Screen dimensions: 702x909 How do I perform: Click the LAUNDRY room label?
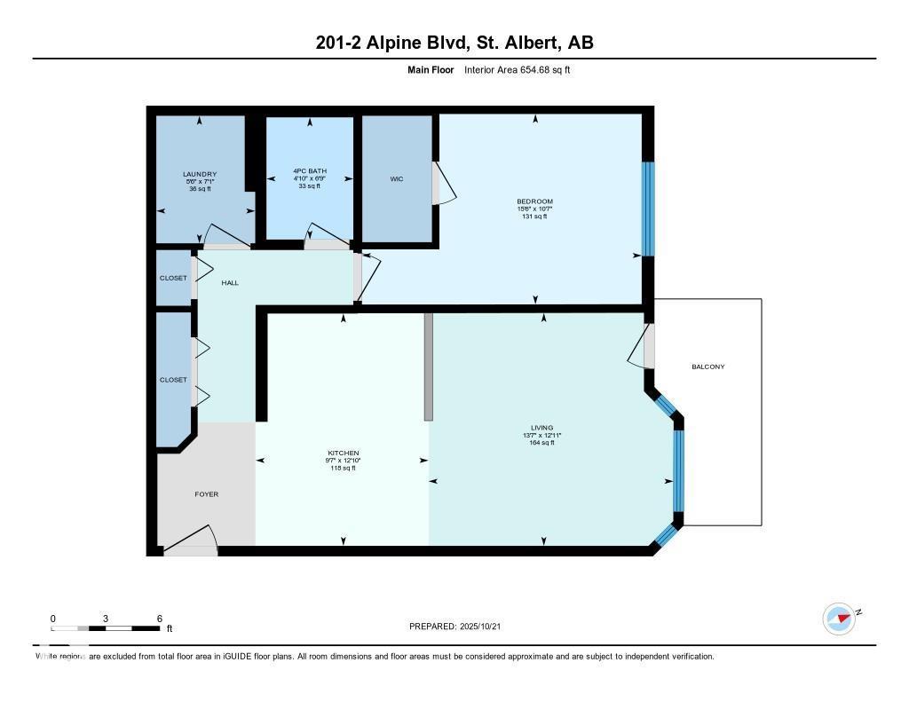[x=200, y=174]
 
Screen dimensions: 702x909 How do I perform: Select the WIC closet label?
[x=397, y=179]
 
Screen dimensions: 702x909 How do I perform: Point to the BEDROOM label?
[x=534, y=201]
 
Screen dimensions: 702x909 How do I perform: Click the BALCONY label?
[x=708, y=367]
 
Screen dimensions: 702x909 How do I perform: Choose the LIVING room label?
[x=542, y=428]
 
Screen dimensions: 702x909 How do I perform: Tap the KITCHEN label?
[x=343, y=454]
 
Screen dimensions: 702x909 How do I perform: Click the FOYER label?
[x=206, y=494]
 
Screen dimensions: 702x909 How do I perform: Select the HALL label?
[x=230, y=283]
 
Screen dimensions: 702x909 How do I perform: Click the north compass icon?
[x=839, y=618]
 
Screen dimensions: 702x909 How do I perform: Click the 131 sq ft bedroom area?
[x=534, y=217]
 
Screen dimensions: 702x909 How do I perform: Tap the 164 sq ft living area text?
[x=542, y=443]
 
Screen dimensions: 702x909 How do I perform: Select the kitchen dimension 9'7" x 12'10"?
[x=343, y=461]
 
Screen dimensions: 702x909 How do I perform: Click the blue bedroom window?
[x=648, y=209]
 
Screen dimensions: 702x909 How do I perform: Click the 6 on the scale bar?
[x=159, y=619]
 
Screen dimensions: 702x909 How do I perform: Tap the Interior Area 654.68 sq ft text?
[x=517, y=69]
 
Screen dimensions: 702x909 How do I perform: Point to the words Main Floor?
[x=431, y=69]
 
